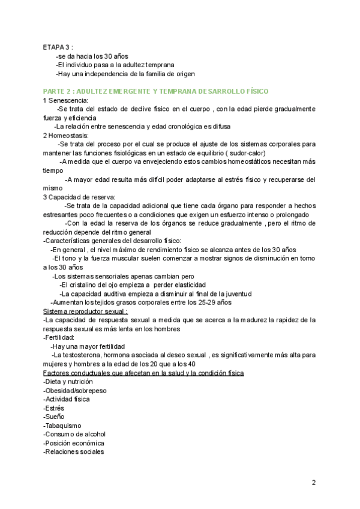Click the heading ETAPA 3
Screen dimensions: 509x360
[58, 47]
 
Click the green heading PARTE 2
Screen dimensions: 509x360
[155, 91]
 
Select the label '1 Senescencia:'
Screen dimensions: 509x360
[65, 100]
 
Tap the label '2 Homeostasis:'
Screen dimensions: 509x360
[67, 136]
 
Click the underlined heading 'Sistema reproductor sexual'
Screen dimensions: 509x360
[86, 312]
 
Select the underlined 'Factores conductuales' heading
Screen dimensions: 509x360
[143, 373]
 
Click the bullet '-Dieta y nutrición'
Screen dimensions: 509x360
[68, 382]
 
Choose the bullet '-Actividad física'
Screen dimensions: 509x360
[67, 399]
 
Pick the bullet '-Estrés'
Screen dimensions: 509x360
[54, 408]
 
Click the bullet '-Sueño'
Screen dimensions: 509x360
[54, 417]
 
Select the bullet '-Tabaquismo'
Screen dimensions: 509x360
[62, 426]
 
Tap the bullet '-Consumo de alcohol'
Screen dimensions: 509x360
[74, 434]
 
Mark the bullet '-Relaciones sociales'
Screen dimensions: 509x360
[74, 452]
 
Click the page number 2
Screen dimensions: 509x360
[314, 483]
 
